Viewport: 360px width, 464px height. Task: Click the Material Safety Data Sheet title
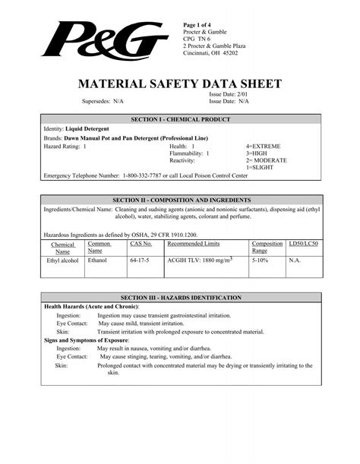tap(180, 83)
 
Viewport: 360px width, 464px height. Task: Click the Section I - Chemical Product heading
tap(179, 121)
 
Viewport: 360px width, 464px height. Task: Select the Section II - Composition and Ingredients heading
tap(179, 198)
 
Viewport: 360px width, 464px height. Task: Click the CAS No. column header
tap(141, 244)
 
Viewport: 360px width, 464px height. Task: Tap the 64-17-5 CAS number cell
tap(139, 260)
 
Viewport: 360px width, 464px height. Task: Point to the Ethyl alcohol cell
tap(63, 260)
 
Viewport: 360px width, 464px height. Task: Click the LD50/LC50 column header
tap(303, 244)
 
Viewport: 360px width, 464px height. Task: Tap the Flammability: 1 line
tap(189, 153)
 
